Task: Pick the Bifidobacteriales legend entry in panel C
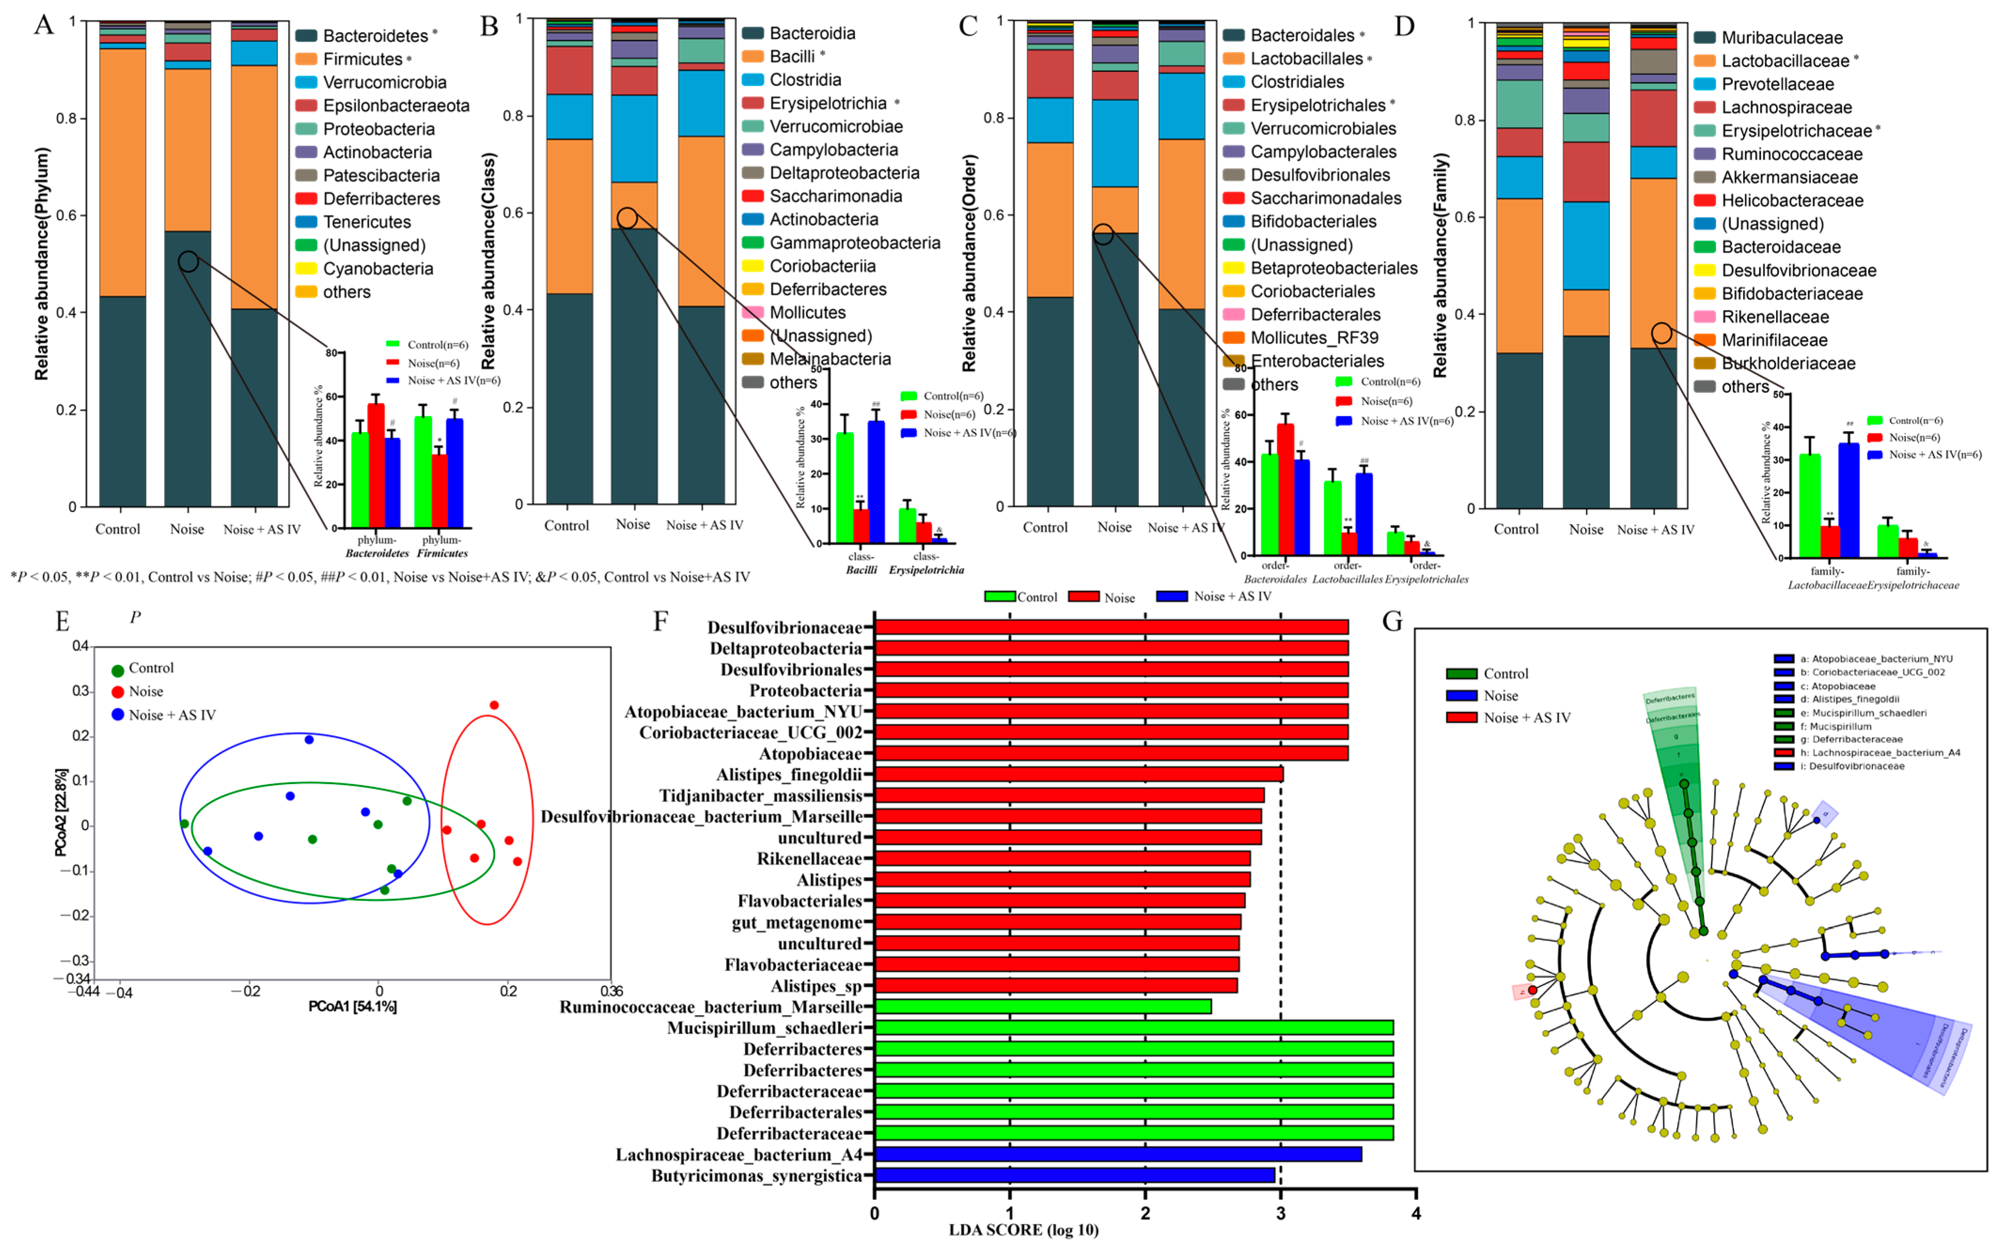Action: [1313, 222]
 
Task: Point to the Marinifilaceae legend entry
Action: [1774, 340]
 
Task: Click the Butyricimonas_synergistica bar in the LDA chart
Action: [1075, 1175]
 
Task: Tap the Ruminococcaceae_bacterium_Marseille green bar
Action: [1042, 1006]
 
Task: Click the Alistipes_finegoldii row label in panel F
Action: [788, 775]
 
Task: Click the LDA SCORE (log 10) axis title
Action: [1023, 1230]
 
